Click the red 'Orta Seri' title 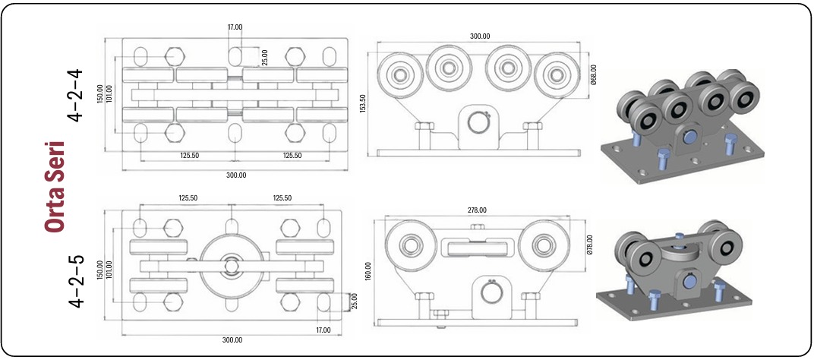[x=54, y=186]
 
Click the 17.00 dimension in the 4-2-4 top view [x=235, y=27]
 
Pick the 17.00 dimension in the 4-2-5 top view [x=324, y=330]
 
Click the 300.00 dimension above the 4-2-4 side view [x=479, y=36]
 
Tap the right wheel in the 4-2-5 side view [x=544, y=245]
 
